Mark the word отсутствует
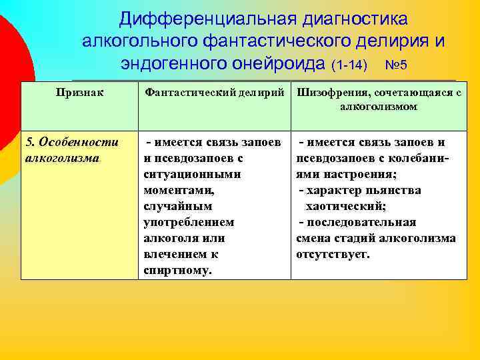point(332,255)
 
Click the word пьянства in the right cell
point(392,191)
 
